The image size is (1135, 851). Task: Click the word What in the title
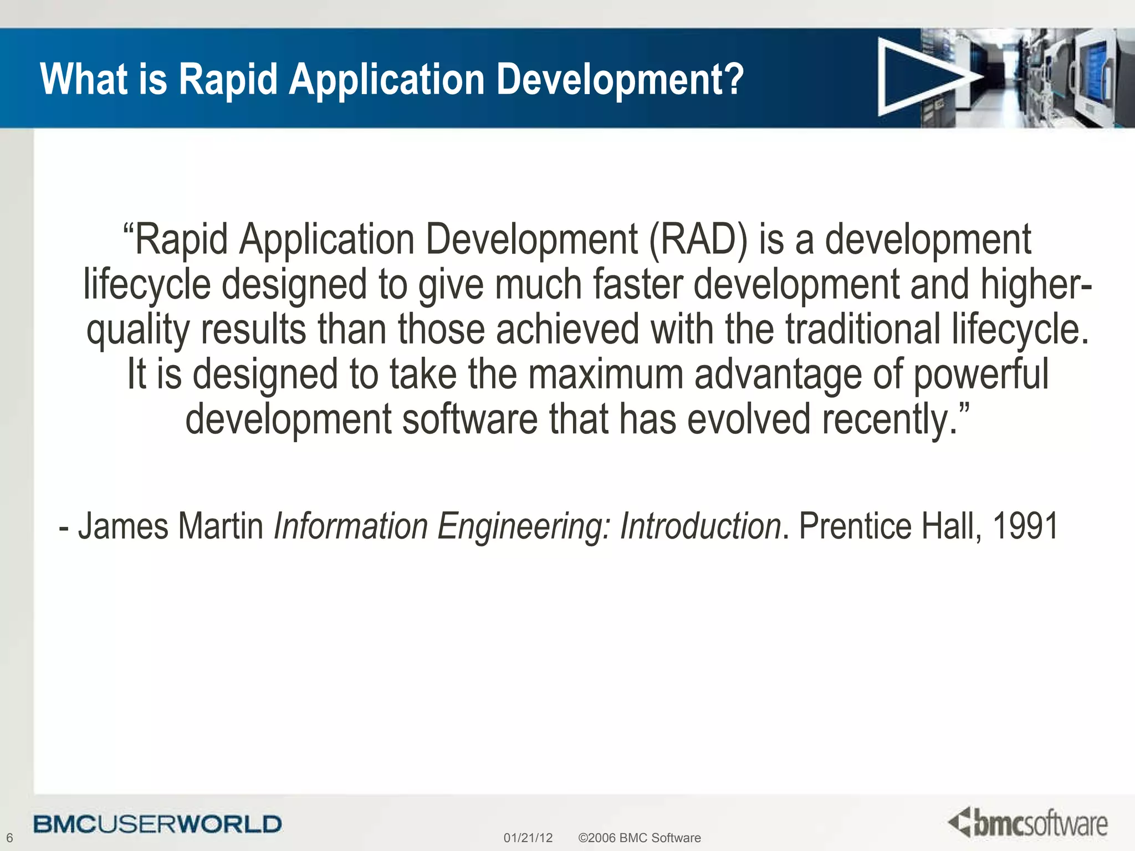coord(84,79)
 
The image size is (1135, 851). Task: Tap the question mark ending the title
coord(733,79)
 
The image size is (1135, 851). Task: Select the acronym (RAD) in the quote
coord(697,240)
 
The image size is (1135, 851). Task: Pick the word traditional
coord(862,329)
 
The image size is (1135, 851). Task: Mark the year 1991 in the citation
coord(1025,526)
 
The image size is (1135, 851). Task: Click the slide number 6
coord(9,838)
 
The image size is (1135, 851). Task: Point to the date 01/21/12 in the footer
coord(528,838)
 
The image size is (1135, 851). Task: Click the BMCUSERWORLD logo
coord(157,824)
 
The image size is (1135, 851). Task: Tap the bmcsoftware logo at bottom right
coord(1028,823)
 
